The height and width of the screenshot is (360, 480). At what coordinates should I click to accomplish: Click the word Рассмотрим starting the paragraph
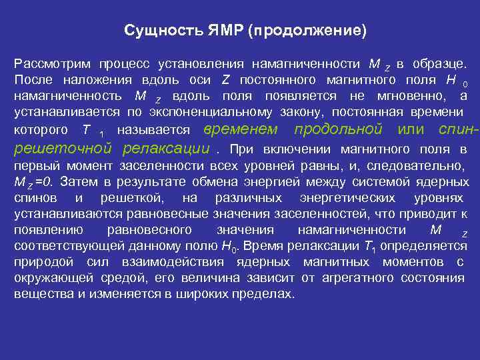pos(51,64)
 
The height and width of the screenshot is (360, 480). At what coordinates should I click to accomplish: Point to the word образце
pos(439,64)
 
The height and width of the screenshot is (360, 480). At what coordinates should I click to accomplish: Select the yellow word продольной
pos(338,129)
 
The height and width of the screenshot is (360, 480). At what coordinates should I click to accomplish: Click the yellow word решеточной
pos(64,148)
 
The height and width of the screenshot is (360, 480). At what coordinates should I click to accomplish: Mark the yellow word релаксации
pos(162,148)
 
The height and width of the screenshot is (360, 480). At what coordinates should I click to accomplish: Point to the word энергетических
pos(347,198)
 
